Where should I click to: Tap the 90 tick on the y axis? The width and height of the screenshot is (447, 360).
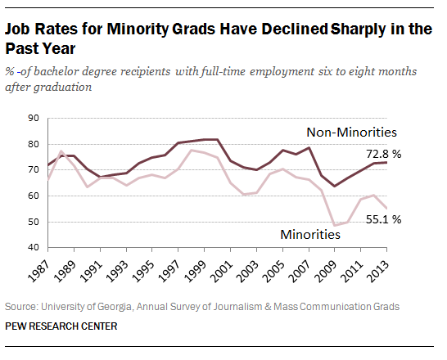pyautogui.click(x=34, y=119)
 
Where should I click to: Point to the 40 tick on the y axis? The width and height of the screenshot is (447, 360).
pyautogui.click(x=34, y=248)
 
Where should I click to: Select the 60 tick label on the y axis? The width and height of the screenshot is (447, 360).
pyautogui.click(x=34, y=196)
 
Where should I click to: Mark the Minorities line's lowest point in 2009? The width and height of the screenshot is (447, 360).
pyautogui.click(x=335, y=225)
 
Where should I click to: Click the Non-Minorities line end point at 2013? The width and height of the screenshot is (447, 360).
pyautogui.click(x=386, y=162)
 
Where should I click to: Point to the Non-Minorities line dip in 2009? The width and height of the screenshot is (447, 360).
pyautogui.click(x=335, y=186)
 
